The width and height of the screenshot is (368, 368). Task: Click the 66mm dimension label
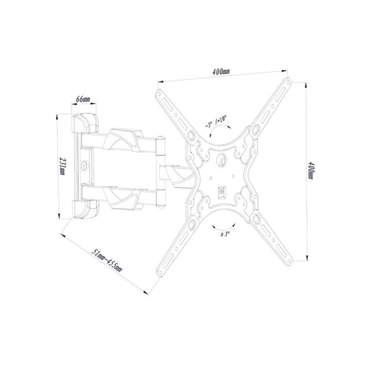pos(83,99)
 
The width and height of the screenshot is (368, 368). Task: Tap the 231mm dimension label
pos(63,166)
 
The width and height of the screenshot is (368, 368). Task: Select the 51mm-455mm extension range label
pos(107,260)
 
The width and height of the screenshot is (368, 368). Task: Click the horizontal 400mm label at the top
pos(221,72)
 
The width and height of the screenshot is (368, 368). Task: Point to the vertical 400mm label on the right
pos(311,171)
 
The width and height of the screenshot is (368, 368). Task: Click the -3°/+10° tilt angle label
pos(216,121)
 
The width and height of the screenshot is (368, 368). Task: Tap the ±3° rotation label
pos(225,234)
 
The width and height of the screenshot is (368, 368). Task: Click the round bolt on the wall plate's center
pos(84,165)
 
